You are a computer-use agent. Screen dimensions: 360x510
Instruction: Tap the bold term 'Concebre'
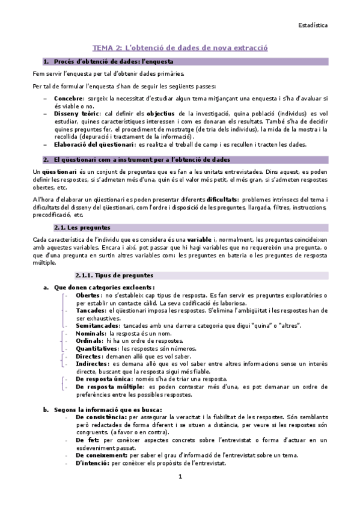tap(68, 97)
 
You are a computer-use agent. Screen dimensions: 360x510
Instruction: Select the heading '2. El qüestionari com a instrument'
tap(137, 159)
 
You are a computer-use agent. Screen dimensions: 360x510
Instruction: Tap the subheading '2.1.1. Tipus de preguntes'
tap(115, 275)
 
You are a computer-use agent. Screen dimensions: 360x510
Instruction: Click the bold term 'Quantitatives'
tap(98, 348)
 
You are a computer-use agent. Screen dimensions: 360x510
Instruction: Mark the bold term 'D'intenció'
tap(93, 464)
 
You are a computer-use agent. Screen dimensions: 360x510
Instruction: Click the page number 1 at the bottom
tap(180, 478)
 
